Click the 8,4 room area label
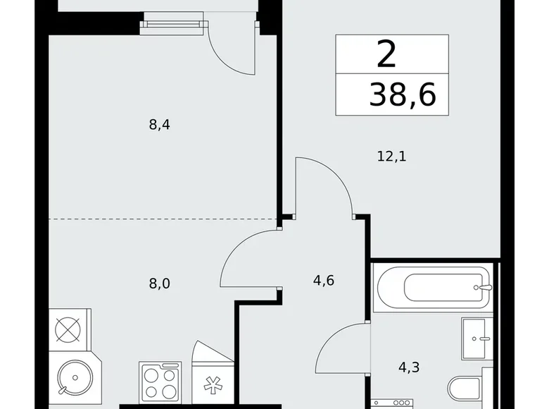pyautogui.click(x=160, y=126)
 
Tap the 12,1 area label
pyautogui.click(x=391, y=156)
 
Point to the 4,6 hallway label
pyautogui.click(x=323, y=281)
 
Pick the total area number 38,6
pyautogui.click(x=402, y=94)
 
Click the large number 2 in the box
pyautogui.click(x=386, y=54)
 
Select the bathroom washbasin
pyautogui.click(x=478, y=338)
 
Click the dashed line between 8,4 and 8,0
pyautogui.click(x=162, y=219)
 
